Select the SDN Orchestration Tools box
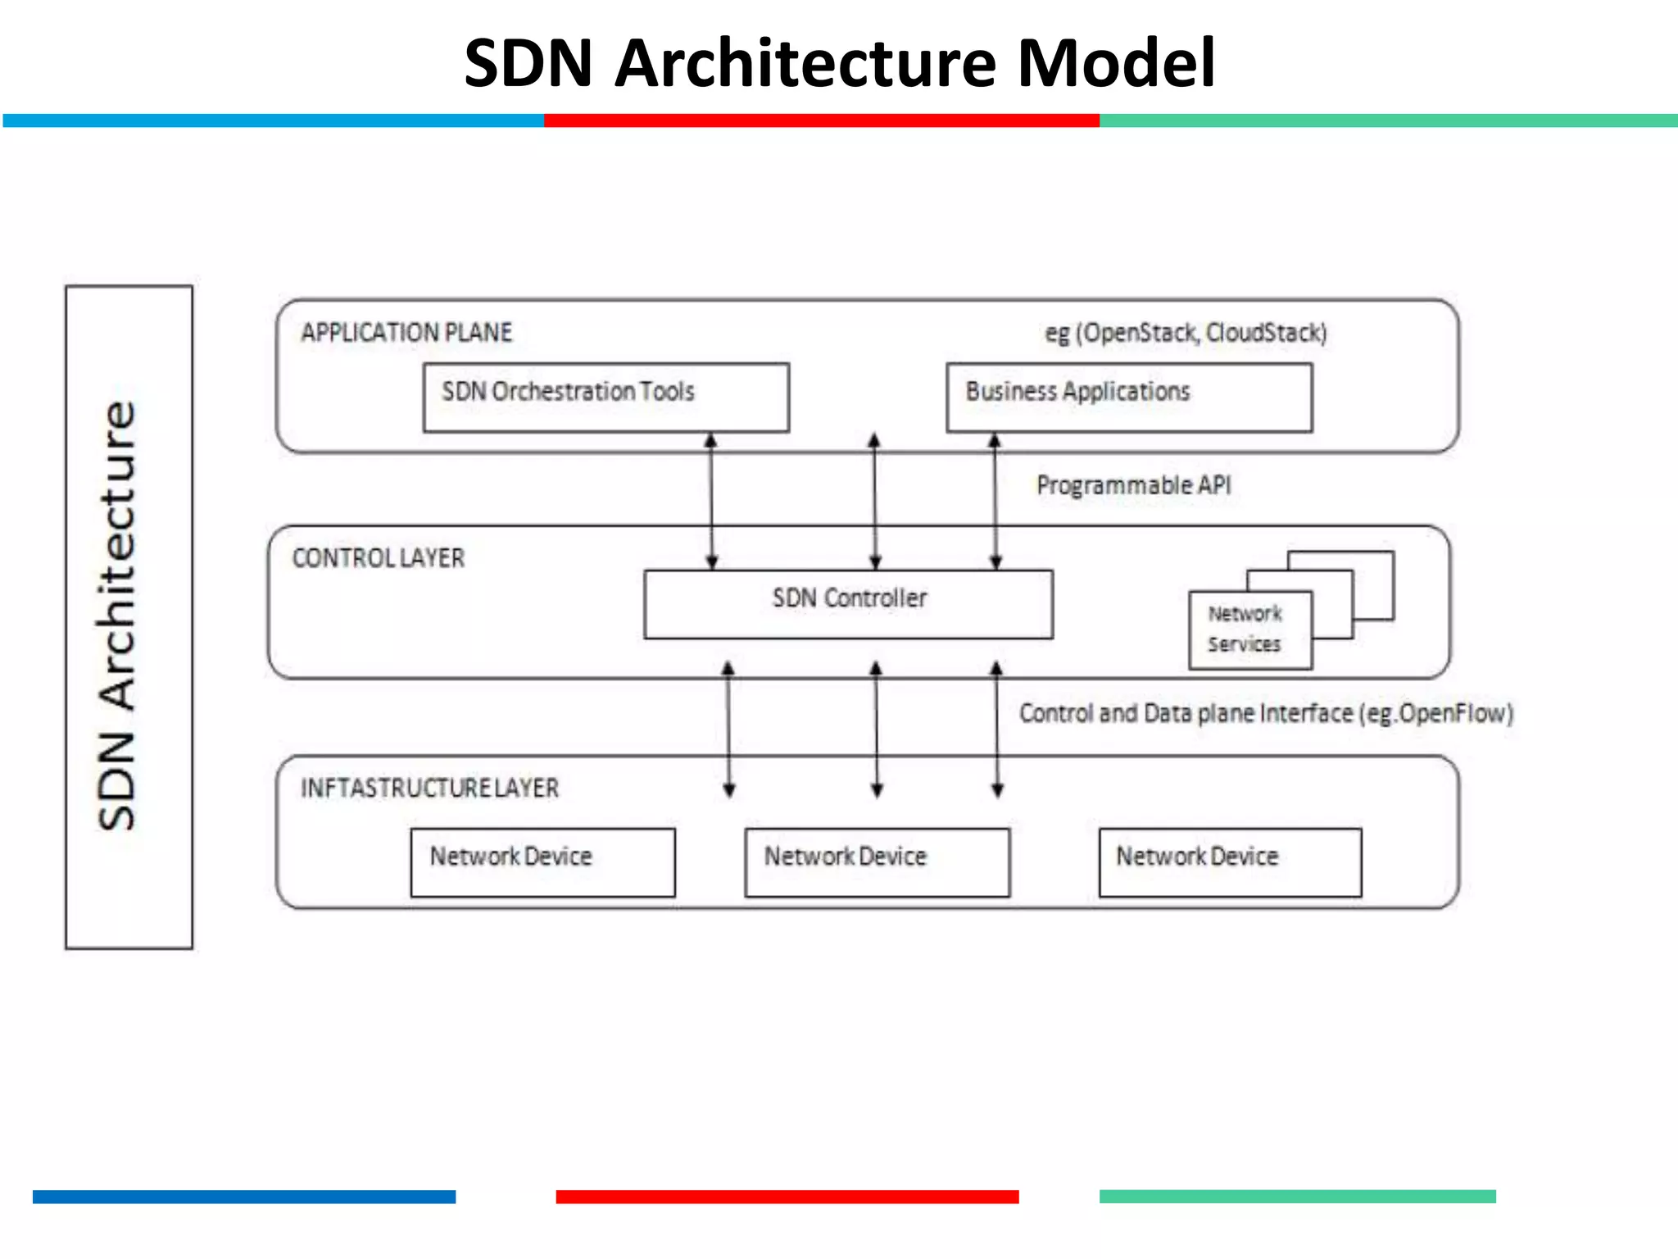[605, 397]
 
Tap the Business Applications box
[1128, 397]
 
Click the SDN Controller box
[848, 603]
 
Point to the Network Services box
[1249, 629]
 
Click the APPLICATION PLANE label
[406, 333]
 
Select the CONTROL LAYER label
[378, 558]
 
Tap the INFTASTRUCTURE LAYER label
[429, 788]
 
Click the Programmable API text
[1133, 485]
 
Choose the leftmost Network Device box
[542, 861]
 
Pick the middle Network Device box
[877, 861]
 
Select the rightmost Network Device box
[1229, 861]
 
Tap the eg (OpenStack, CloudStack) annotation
[1185, 333]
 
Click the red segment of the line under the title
[821, 120]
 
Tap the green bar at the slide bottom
[1297, 1196]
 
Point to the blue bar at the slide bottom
[243, 1196]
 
